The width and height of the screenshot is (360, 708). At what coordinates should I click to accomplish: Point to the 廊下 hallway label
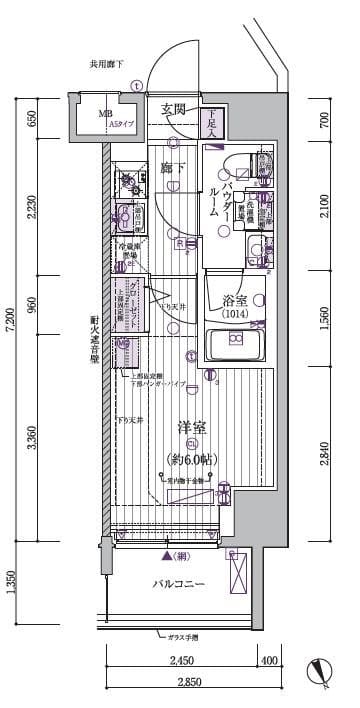[172, 167]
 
